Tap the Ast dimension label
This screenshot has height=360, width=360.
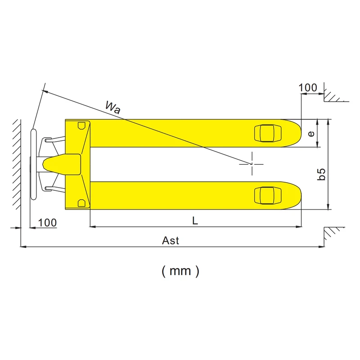click(x=171, y=241)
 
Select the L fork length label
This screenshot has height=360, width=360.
click(x=194, y=220)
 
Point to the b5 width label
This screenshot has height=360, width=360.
click(x=321, y=175)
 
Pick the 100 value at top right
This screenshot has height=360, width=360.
click(x=308, y=88)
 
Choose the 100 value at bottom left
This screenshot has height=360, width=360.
click(x=47, y=223)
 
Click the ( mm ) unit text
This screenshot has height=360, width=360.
click(x=180, y=271)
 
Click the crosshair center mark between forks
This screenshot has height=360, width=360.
click(x=252, y=164)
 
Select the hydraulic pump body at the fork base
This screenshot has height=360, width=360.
click(x=63, y=164)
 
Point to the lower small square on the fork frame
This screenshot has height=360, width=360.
click(x=81, y=203)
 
